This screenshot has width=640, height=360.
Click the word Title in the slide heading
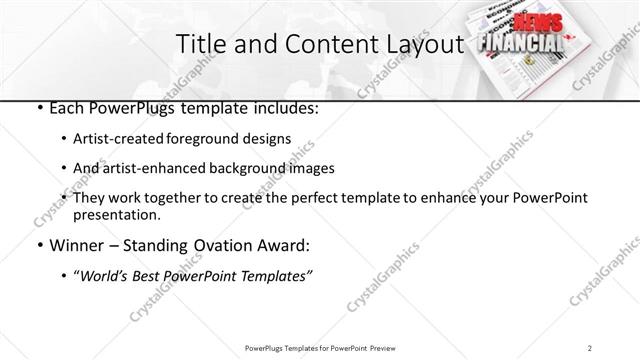(198, 44)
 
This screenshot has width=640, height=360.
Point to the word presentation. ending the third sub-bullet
(121, 214)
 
